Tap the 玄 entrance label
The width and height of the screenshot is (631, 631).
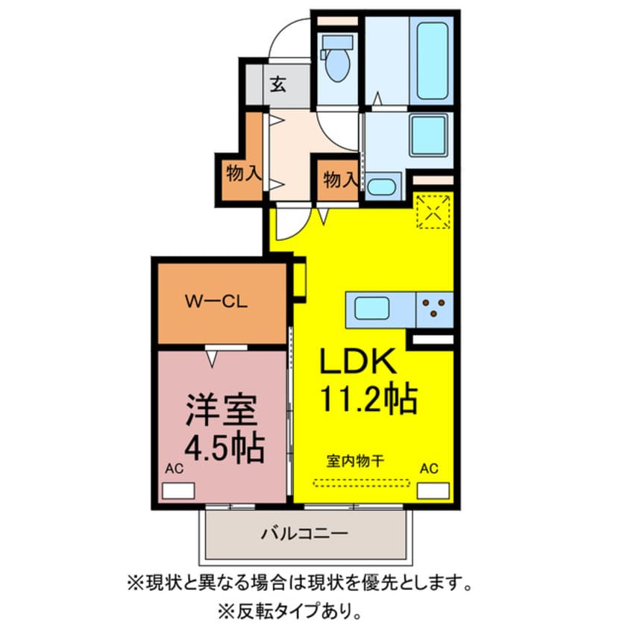(277, 84)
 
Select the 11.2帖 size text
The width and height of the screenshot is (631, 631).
(368, 400)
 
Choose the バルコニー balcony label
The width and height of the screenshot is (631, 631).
(304, 534)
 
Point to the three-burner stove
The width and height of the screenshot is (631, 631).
(435, 307)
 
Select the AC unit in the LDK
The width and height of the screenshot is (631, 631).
(433, 490)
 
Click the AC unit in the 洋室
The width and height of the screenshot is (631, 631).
(178, 491)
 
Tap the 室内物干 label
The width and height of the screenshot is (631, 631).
(354, 460)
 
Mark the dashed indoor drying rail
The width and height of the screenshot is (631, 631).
(361, 481)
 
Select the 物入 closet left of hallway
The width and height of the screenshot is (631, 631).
(243, 175)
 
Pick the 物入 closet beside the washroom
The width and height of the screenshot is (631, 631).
(340, 179)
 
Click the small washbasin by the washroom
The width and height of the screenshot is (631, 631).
(381, 186)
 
